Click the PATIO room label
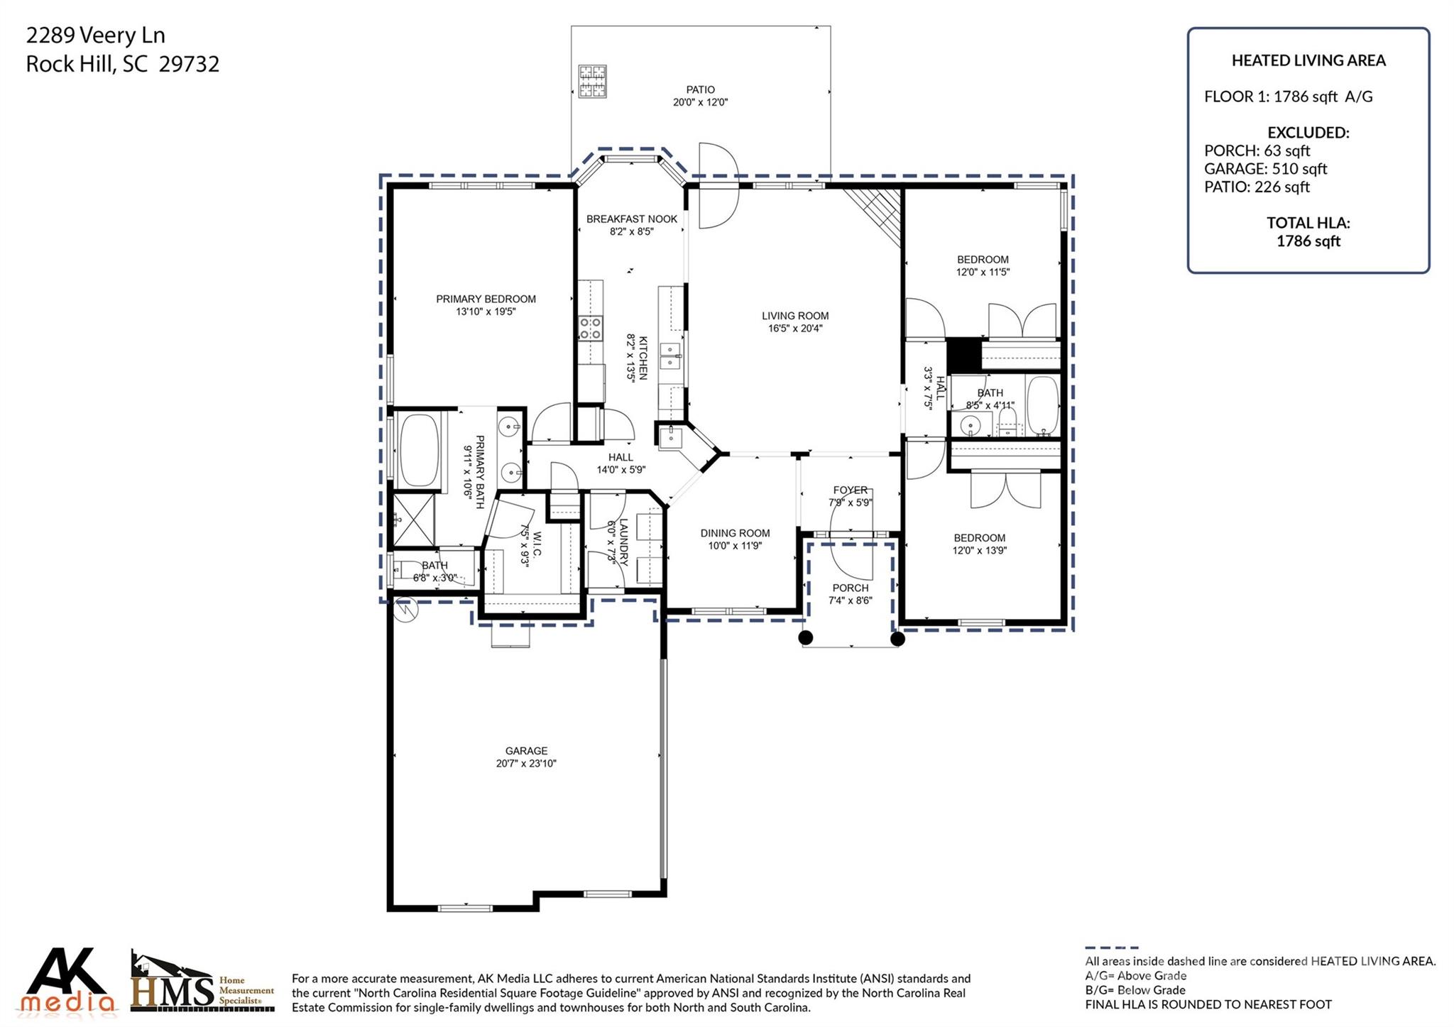[700, 89]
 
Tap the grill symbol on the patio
[592, 81]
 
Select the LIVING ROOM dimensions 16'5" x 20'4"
[794, 329]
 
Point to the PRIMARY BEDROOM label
[486, 299]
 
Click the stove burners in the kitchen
[590, 329]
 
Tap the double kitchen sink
[669, 356]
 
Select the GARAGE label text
[526, 751]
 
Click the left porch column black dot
[805, 637]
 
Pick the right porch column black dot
[897, 639]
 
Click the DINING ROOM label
[735, 533]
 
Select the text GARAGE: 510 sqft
[1265, 169]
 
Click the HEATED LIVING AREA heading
[1308, 61]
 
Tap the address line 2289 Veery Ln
[96, 35]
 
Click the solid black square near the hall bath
[963, 355]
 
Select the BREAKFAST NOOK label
[631, 219]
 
